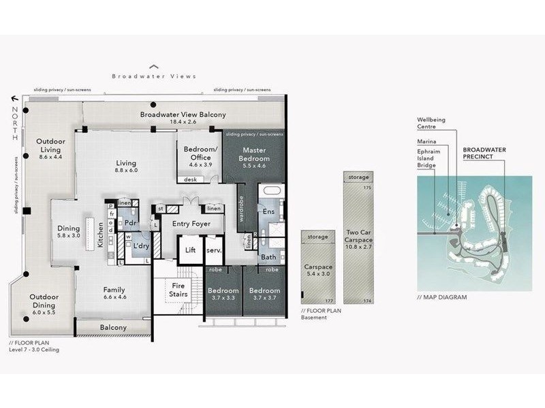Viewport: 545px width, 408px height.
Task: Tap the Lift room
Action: pos(191,250)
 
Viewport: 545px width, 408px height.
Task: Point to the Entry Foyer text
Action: pos(189,224)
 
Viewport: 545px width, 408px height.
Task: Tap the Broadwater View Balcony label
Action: pos(183,115)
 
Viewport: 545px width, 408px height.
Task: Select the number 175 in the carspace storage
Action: pos(367,186)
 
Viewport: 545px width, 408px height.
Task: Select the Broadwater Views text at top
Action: pos(154,76)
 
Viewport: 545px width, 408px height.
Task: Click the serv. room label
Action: pos(213,250)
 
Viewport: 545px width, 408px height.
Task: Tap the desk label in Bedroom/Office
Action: pos(187,180)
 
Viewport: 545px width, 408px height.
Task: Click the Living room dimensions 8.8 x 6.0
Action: pos(126,171)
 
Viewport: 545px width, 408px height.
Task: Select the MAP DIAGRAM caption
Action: pos(442,296)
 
